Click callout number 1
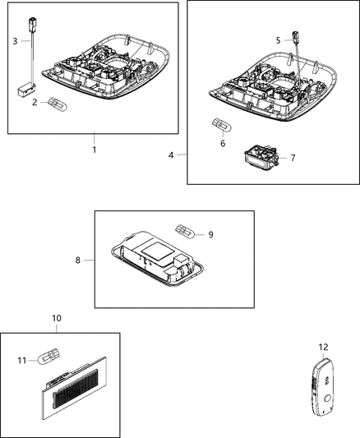coord(94,150)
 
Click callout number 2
coord(34,102)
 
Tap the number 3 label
coord(14,40)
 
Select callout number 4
coord(170,154)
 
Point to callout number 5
coord(277,39)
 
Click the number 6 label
coord(221,143)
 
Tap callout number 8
coord(77,260)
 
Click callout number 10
coord(56,317)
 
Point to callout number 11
coord(21,359)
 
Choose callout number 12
coord(323,347)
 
